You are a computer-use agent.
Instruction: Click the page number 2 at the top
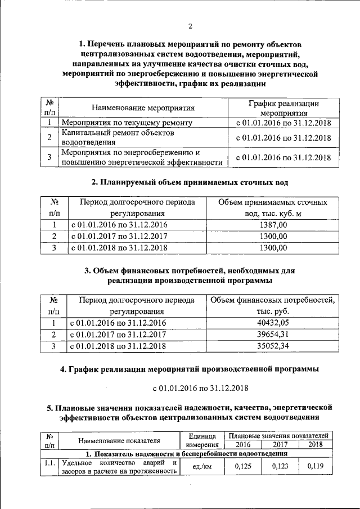point(190,27)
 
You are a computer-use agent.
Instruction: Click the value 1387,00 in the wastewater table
point(273,225)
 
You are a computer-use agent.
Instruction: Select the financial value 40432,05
point(274,323)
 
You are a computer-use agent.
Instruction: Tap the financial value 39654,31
point(274,335)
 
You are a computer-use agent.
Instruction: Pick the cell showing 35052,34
point(274,346)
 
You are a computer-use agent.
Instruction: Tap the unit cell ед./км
point(201,467)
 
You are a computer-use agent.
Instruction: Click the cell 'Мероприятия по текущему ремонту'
point(127,122)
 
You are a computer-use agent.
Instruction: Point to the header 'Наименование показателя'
point(119,440)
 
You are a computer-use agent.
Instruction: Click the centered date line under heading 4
point(190,388)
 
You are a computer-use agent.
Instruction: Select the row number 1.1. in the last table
point(50,463)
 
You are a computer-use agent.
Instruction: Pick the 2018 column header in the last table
point(316,444)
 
